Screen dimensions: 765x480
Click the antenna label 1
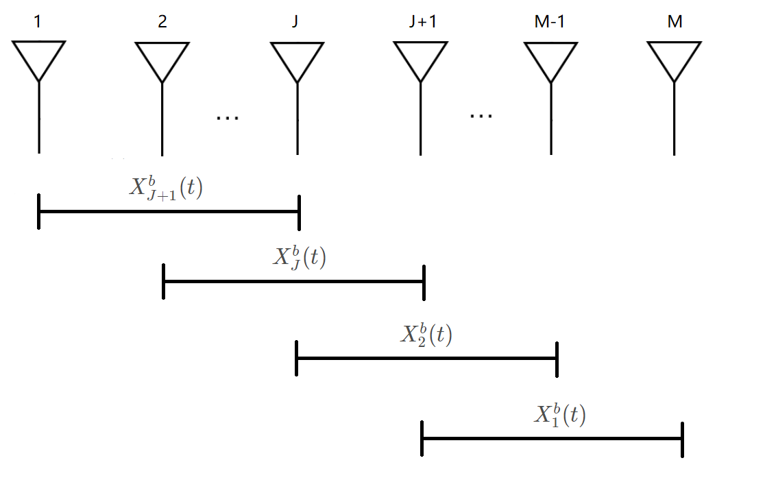click(x=38, y=22)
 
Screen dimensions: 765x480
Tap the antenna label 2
click(x=162, y=22)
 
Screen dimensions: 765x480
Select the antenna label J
click(x=295, y=22)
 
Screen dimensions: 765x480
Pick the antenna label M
click(x=675, y=22)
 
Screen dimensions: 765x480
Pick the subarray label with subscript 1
click(x=559, y=415)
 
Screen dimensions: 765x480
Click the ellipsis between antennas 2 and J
click(x=227, y=118)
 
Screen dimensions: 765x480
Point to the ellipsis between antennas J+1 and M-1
click(x=481, y=115)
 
